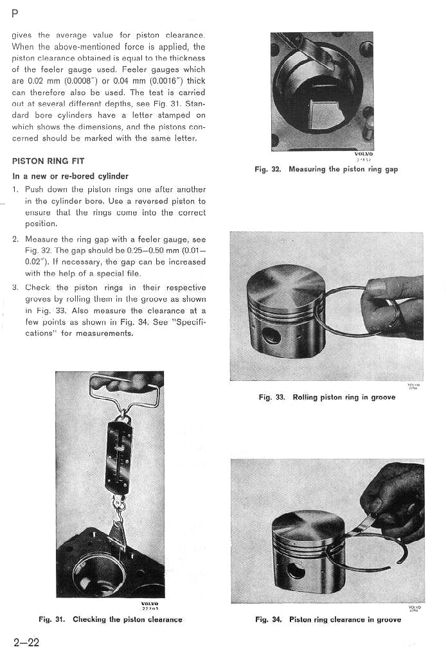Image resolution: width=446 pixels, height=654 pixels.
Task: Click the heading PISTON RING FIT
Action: [48, 161]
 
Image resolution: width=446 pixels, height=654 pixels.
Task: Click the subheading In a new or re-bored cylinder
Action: [71, 175]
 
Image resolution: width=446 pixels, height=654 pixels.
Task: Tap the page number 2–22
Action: [26, 642]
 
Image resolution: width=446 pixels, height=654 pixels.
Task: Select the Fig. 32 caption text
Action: [326, 170]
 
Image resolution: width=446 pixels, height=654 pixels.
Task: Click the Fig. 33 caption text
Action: [326, 397]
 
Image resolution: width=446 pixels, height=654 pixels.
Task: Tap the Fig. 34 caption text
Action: [328, 619]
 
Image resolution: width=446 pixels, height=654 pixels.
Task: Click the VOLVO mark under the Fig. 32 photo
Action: [363, 155]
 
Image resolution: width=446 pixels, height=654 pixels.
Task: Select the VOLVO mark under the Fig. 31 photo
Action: [149, 605]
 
